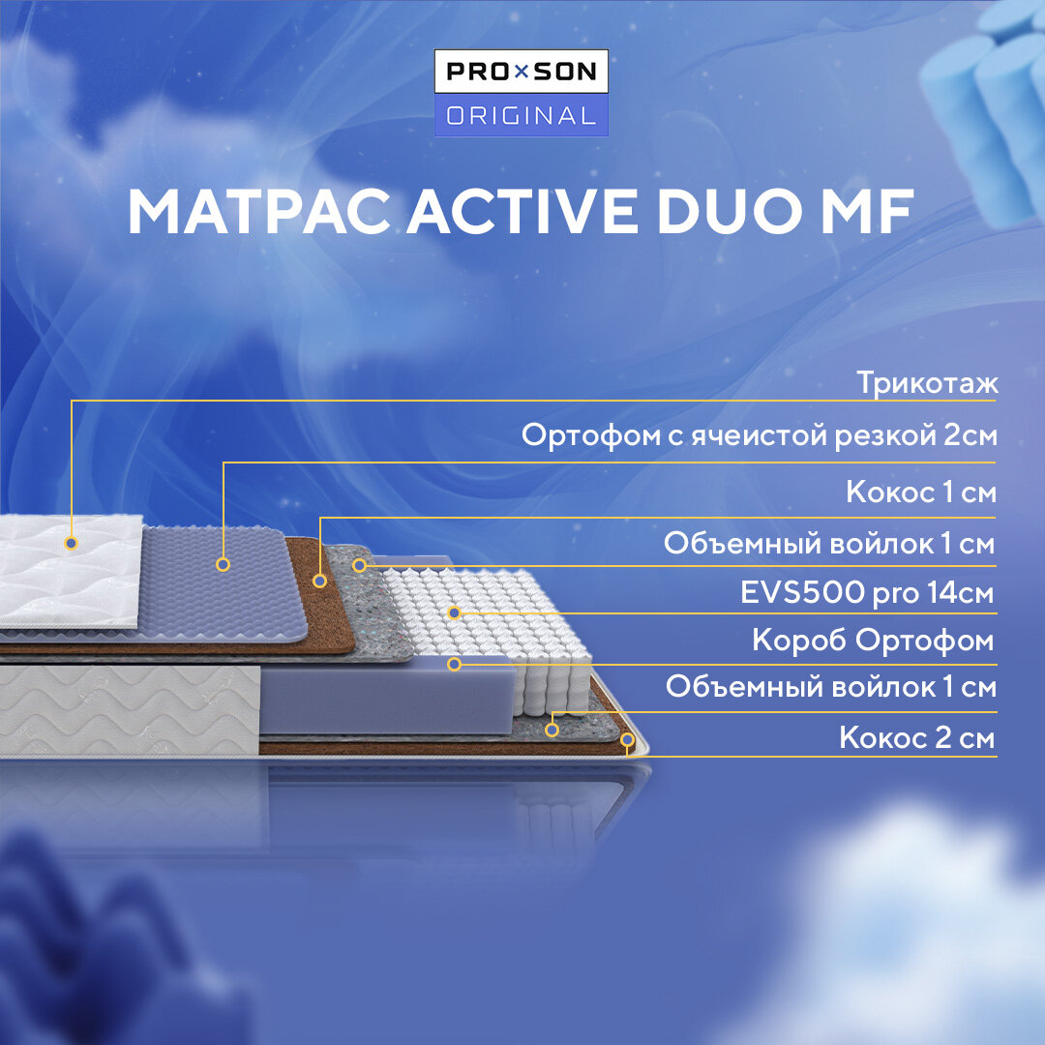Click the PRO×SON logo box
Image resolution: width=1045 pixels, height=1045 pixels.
(x=522, y=73)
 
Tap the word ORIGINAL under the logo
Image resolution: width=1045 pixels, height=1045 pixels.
(x=522, y=116)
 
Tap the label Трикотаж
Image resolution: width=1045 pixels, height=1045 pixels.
(x=926, y=383)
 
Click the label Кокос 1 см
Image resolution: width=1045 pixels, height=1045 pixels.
(x=920, y=492)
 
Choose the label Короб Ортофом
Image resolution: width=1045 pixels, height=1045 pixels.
(x=873, y=641)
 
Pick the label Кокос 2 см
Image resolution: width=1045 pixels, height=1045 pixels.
(x=916, y=739)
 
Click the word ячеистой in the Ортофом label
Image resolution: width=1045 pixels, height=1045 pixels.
(x=752, y=435)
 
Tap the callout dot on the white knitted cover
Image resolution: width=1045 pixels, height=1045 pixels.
(x=71, y=543)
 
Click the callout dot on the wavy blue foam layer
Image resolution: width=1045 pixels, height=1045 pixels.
(x=224, y=563)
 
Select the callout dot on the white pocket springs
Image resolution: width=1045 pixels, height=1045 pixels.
(x=454, y=612)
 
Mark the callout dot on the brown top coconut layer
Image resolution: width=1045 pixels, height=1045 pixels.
(x=320, y=581)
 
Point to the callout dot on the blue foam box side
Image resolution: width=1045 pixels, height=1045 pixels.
(x=454, y=665)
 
